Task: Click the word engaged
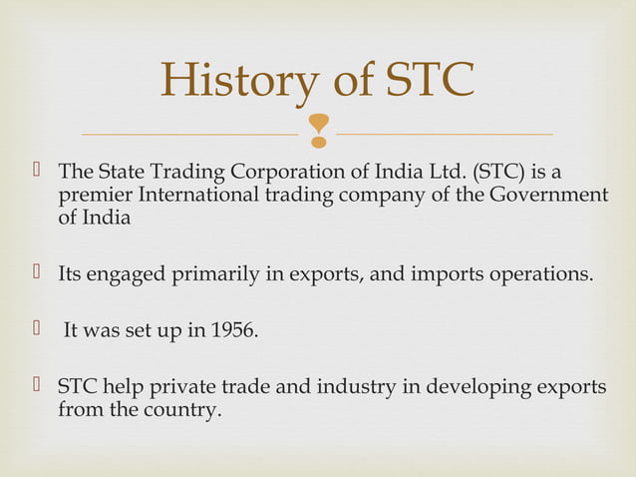pyautogui.click(x=135, y=273)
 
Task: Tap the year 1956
pyautogui.click(x=233, y=329)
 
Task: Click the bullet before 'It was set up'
pyautogui.click(x=37, y=328)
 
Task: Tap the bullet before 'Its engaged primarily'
pyautogui.click(x=37, y=272)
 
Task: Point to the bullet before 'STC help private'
pyautogui.click(x=37, y=385)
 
